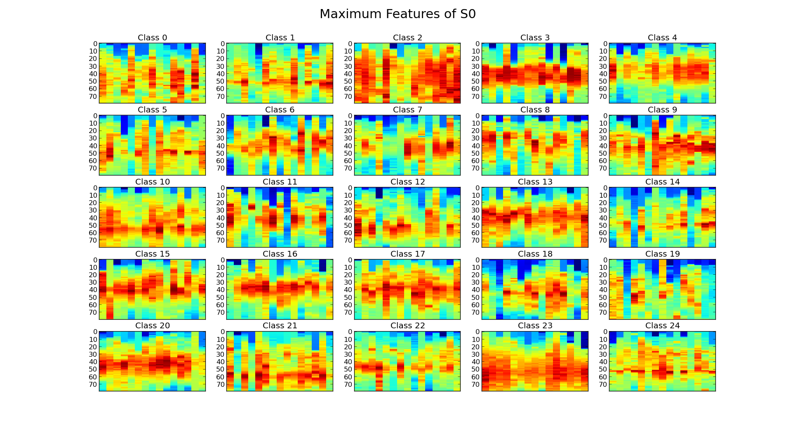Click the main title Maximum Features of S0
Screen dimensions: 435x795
(397, 14)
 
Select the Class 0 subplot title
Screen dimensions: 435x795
(152, 38)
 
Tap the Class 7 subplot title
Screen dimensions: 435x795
(407, 110)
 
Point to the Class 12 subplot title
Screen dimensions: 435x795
(407, 182)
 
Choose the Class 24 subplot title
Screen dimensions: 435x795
(662, 326)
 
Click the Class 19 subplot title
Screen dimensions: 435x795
(662, 254)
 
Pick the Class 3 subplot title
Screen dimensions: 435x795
(535, 38)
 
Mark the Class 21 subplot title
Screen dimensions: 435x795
(280, 326)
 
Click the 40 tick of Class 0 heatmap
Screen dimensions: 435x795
(93, 74)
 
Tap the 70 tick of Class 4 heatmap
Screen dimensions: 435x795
(603, 97)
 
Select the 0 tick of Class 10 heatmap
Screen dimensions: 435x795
(95, 188)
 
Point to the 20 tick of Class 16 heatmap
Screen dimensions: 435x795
(220, 275)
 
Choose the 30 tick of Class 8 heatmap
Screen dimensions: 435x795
(475, 138)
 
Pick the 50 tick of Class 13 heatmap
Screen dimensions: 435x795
(475, 226)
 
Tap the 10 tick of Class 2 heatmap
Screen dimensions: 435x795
(348, 51)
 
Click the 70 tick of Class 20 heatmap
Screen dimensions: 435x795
(93, 385)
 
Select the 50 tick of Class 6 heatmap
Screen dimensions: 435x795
(220, 154)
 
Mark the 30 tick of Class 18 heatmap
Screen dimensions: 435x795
(475, 283)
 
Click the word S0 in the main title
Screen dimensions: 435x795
(468, 14)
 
